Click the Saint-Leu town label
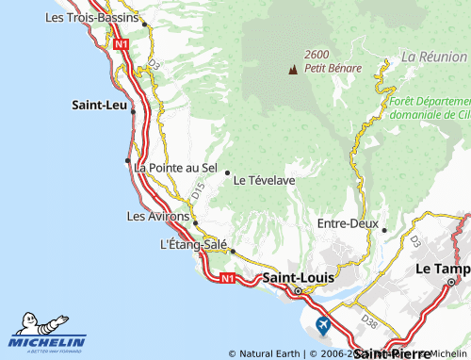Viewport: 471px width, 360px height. click(100, 106)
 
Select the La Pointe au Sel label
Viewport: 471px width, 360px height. click(176, 168)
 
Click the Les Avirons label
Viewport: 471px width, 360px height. click(157, 216)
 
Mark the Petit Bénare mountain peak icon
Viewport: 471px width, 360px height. click(292, 69)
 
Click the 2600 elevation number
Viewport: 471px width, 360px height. click(317, 55)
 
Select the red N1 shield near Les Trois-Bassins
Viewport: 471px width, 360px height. click(120, 43)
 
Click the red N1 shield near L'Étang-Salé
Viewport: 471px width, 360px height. click(225, 278)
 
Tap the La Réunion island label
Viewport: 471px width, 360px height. click(434, 57)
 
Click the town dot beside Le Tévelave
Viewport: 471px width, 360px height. click(227, 172)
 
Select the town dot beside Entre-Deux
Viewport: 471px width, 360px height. click(384, 230)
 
